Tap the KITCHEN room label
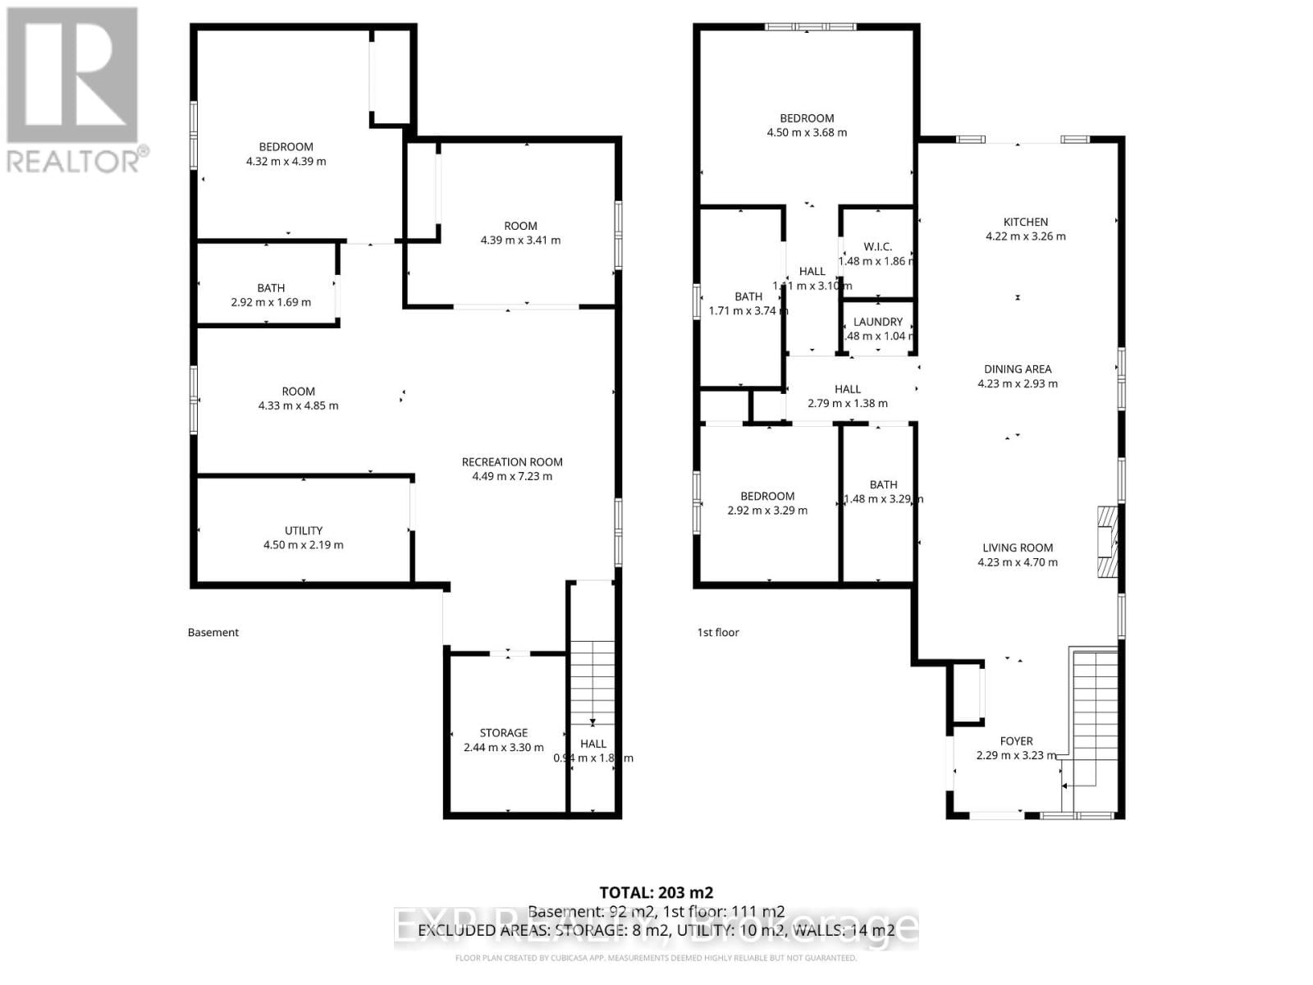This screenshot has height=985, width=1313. tap(1025, 222)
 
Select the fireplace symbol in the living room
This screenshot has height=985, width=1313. tap(1107, 543)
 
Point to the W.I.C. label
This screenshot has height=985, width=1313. tap(877, 246)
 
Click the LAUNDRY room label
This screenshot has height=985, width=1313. tap(877, 322)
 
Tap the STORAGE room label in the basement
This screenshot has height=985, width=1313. tap(503, 733)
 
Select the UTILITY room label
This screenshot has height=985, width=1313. tap(303, 530)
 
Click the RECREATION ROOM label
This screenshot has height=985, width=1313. tap(512, 462)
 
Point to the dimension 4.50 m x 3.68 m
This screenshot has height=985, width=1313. tap(807, 132)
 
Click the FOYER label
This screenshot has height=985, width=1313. tap(1016, 741)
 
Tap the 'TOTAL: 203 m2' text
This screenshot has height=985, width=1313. tap(656, 892)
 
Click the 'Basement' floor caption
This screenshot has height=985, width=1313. tap(213, 632)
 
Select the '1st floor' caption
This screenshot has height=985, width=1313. tap(718, 632)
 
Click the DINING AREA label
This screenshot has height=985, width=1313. tap(1018, 369)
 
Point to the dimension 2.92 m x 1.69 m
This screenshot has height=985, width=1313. tap(271, 302)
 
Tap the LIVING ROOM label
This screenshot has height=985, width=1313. tap(1018, 547)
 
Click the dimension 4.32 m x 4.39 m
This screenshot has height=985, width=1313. tap(286, 162)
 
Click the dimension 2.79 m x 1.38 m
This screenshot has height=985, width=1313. tap(847, 403)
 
